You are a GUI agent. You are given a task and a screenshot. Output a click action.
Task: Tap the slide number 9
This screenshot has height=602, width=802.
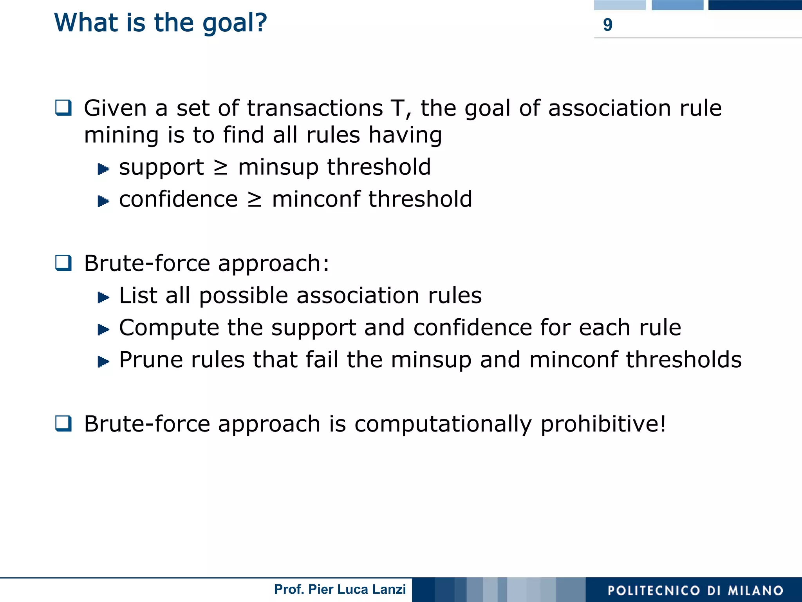[x=607, y=25]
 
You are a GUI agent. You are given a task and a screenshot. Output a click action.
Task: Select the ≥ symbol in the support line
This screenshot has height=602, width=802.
[x=221, y=168]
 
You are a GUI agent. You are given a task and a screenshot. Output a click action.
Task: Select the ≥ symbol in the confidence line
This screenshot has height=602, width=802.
[x=255, y=200]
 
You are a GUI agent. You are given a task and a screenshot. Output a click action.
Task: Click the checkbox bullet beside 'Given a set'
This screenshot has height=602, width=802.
[x=63, y=108]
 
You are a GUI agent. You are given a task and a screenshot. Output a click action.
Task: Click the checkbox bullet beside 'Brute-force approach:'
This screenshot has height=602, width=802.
[x=63, y=263]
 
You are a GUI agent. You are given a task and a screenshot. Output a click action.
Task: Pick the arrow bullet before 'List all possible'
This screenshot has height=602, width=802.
[x=103, y=297]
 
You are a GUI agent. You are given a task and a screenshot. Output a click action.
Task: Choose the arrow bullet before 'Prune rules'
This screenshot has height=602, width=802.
[x=103, y=361]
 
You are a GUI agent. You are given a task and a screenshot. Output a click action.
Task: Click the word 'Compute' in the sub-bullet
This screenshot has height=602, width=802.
[x=169, y=328]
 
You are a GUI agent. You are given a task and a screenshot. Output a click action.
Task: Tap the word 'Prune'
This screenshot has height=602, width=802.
[x=151, y=360]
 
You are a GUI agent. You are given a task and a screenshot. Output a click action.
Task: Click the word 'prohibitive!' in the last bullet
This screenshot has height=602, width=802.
[x=603, y=424]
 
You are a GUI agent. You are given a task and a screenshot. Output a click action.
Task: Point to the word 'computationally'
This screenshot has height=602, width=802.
[x=443, y=424]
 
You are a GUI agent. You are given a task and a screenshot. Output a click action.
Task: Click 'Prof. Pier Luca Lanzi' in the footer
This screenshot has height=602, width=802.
[x=340, y=589]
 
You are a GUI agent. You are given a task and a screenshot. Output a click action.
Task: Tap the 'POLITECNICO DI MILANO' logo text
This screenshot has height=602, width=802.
[x=695, y=590]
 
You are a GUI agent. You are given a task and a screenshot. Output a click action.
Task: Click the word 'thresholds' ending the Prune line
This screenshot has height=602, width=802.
[x=683, y=360]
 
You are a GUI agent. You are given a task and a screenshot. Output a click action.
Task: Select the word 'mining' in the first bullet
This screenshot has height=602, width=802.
[x=121, y=136]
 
